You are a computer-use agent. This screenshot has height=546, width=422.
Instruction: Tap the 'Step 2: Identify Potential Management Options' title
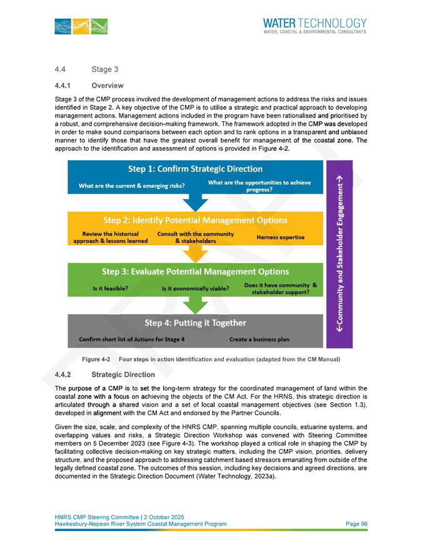pyautogui.click(x=195, y=220)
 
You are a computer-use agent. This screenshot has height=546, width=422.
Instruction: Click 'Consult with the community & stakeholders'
pyautogui.click(x=196, y=237)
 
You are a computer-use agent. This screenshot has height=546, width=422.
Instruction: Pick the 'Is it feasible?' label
pyautogui.click(x=111, y=289)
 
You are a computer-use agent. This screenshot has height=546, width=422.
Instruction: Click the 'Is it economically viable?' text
pyautogui.click(x=196, y=289)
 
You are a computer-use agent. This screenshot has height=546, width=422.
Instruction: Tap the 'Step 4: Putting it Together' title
pyautogui.click(x=195, y=323)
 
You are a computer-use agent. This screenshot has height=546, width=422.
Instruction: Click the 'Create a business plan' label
pyautogui.click(x=259, y=340)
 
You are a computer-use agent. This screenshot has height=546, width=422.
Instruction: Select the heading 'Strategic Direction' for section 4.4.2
pyautogui.click(x=123, y=375)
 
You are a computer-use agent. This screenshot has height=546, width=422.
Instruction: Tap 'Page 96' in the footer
pyautogui.click(x=353, y=523)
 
